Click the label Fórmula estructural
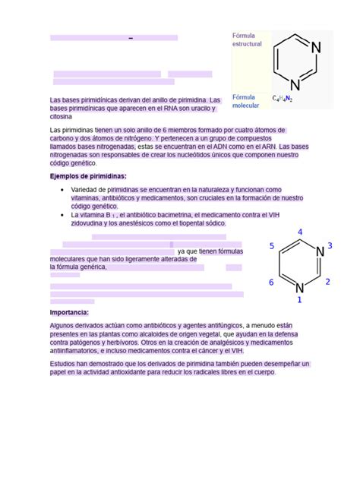coord(247,39)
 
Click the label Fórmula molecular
coord(245,101)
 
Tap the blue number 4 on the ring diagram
coord(301,232)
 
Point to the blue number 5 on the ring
coord(272,246)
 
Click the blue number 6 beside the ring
coord(272,283)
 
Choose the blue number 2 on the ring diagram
coord(327,282)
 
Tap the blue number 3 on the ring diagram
coord(330,245)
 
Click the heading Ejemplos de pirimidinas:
coord(88,175)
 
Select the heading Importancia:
coord(69,312)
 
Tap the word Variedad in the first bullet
coord(85,189)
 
